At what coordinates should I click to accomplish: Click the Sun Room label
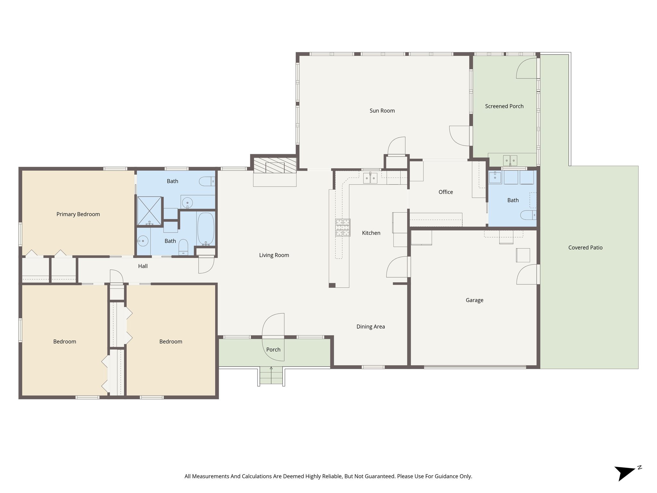pyautogui.click(x=382, y=111)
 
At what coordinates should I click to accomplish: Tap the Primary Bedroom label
pyautogui.click(x=78, y=214)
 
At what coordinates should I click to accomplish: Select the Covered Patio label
pyautogui.click(x=585, y=247)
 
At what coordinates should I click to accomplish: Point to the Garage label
pyautogui.click(x=474, y=300)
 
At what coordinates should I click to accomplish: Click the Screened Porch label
pyautogui.click(x=504, y=106)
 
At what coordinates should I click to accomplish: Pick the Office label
pyautogui.click(x=446, y=192)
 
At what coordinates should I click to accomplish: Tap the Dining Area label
pyautogui.click(x=371, y=327)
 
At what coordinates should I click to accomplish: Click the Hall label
pyautogui.click(x=143, y=266)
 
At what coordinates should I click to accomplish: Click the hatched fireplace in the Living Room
pyautogui.click(x=275, y=165)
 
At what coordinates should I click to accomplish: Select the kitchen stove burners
pyautogui.click(x=343, y=228)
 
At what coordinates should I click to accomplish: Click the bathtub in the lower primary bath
pyautogui.click(x=206, y=229)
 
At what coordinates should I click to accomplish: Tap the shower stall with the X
pyautogui.click(x=149, y=211)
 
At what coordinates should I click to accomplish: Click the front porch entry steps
pyautogui.click(x=271, y=376)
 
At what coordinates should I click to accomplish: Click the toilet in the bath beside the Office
pyautogui.click(x=528, y=215)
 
